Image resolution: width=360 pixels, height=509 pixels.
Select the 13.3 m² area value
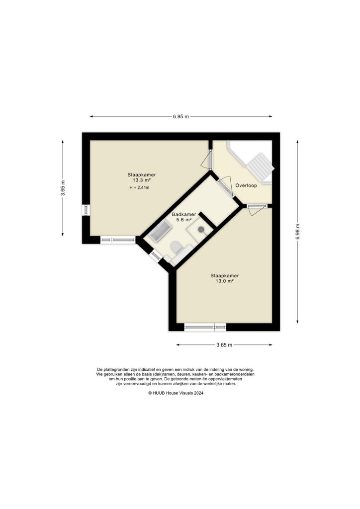tap(142, 180)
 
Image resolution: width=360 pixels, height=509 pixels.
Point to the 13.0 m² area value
tap(225, 281)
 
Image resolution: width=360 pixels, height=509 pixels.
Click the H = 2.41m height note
tap(140, 188)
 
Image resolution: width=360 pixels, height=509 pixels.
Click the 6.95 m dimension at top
tap(181, 117)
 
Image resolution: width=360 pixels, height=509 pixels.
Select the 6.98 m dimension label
tap(298, 231)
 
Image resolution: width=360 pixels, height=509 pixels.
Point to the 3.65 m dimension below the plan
tap(225, 345)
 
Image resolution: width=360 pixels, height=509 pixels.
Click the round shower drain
tap(201, 229)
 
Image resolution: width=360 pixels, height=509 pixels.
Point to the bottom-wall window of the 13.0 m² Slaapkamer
tap(205, 327)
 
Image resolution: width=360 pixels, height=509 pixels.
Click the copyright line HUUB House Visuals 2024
tap(176, 393)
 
